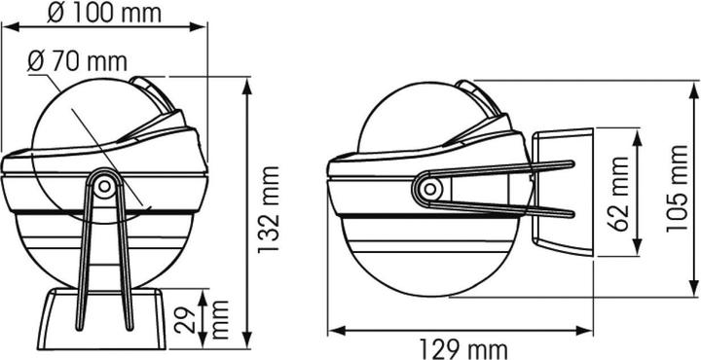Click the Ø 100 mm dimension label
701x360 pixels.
click(x=104, y=14)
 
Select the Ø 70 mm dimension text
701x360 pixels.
click(x=77, y=61)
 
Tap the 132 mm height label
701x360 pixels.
click(x=269, y=209)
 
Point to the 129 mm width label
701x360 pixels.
click(x=463, y=349)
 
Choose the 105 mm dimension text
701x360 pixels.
click(x=678, y=189)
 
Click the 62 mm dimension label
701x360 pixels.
click(x=620, y=194)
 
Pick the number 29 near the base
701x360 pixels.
click(x=184, y=320)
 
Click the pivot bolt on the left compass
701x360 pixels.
click(x=104, y=186)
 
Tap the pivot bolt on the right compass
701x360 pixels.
click(x=430, y=189)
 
